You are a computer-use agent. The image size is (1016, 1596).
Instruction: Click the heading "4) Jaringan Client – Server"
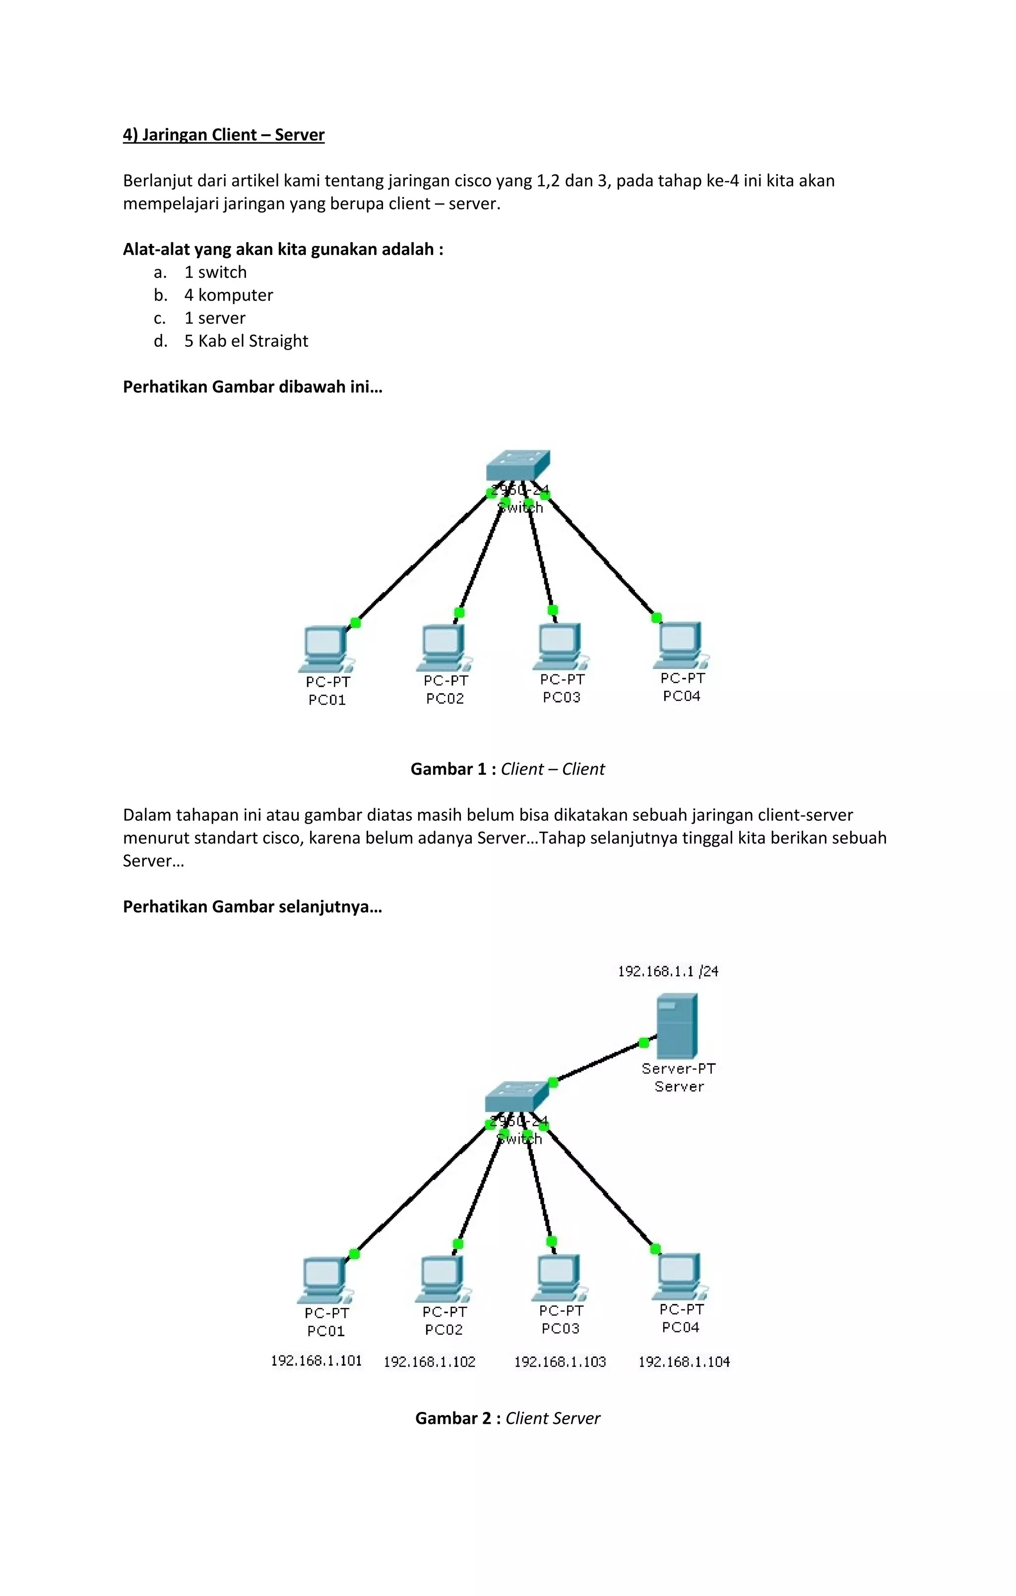point(224,135)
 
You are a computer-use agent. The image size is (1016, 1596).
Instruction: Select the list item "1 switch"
point(215,272)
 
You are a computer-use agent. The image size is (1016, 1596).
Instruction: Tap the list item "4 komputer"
point(229,295)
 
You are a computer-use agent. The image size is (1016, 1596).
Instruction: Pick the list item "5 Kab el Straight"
point(246,341)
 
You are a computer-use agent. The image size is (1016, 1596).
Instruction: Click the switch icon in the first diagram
point(518,465)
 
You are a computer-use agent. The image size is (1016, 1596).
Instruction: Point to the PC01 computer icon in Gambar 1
point(324,649)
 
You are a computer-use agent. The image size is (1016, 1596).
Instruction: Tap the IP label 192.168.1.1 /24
point(668,971)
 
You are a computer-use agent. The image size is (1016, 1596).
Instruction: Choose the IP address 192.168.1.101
point(317,1361)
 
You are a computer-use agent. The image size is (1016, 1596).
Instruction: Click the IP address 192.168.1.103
point(560,1361)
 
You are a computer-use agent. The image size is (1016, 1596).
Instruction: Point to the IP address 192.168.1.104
point(684,1361)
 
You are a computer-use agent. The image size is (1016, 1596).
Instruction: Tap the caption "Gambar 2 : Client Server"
point(508,1418)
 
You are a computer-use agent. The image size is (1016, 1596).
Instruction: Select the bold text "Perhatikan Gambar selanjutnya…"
point(253,907)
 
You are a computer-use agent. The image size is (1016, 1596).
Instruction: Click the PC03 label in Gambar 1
point(561,697)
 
